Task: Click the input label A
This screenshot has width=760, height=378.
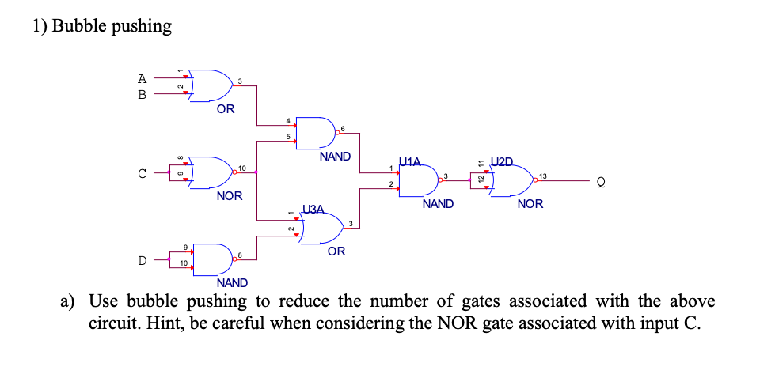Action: click(142, 78)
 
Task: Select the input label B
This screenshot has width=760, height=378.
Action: click(142, 93)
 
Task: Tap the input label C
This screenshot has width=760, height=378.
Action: click(142, 174)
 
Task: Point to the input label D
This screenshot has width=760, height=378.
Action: click(142, 259)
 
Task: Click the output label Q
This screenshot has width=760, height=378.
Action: click(601, 183)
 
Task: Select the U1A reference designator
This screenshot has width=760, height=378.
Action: click(412, 162)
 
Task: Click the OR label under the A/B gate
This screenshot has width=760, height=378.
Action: click(226, 109)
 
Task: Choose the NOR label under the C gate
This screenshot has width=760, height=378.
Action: click(230, 195)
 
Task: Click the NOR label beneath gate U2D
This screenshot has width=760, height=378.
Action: click(530, 204)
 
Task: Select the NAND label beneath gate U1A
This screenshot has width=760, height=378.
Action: click(438, 204)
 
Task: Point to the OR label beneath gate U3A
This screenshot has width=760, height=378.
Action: click(336, 251)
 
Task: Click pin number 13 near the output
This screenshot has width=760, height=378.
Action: click(543, 175)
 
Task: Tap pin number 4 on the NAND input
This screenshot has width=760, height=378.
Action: click(288, 120)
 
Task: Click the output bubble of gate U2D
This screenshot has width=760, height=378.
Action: click(534, 182)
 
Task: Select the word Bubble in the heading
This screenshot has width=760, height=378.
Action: click(80, 26)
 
